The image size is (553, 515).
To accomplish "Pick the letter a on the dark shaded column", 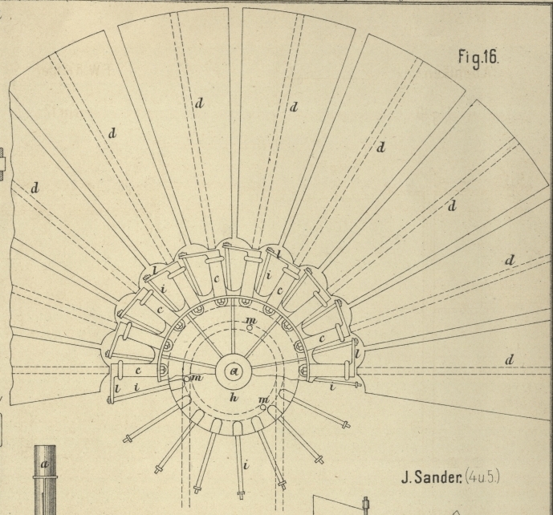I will tap(44, 464).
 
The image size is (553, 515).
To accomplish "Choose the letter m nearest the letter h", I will tap(264, 399).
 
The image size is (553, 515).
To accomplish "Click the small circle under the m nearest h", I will tap(262, 408).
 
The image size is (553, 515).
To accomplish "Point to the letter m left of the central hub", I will tap(197, 378).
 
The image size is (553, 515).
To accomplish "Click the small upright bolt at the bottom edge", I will tap(365, 506).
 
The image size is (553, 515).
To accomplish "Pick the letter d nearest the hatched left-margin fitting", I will tap(35, 187).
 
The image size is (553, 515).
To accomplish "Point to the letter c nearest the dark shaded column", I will tap(138, 370).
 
